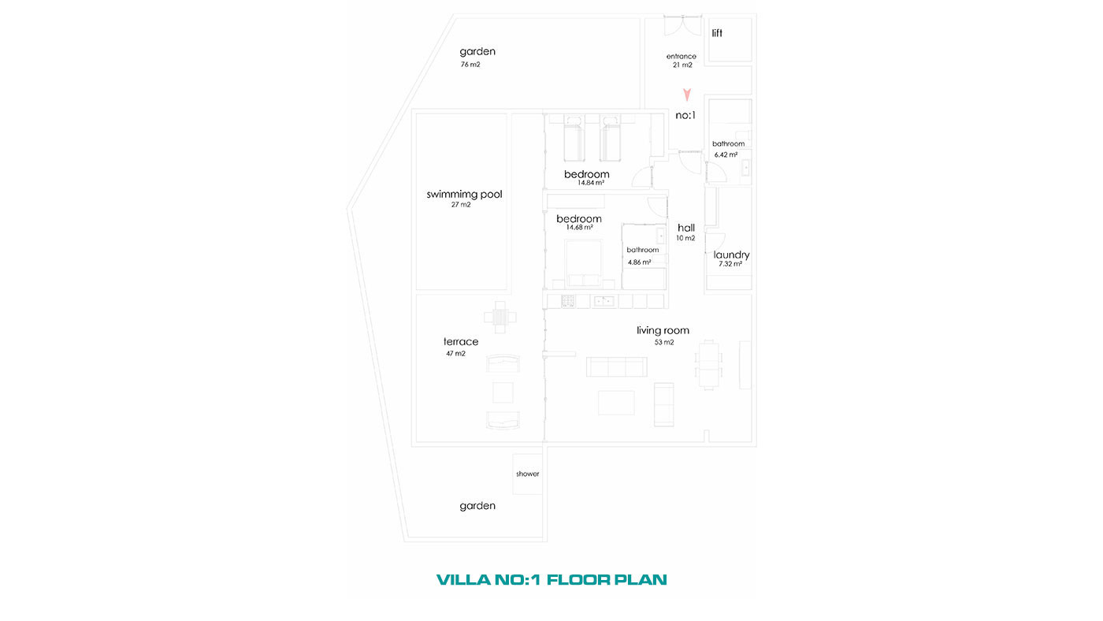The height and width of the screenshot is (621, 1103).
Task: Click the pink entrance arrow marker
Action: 687,95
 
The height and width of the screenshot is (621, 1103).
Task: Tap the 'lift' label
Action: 717,33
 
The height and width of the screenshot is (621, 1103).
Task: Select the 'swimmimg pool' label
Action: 464,195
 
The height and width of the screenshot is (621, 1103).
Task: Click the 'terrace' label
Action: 461,341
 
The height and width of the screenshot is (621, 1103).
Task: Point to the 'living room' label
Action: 663,330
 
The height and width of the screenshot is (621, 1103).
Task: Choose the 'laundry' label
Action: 731,255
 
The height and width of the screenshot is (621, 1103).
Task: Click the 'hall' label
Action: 686,228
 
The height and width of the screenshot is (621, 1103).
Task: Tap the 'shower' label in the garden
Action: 527,474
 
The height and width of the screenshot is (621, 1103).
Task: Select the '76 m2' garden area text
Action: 470,65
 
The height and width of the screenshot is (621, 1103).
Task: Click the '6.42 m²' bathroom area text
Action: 726,154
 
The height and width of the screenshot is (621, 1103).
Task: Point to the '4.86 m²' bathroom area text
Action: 639,262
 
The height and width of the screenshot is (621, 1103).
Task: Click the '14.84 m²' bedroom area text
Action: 591,183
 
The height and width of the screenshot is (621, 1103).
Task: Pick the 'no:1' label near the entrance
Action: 685,115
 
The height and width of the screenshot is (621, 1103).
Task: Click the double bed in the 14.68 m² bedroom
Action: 584,263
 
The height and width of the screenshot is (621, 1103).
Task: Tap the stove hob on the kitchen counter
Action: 568,301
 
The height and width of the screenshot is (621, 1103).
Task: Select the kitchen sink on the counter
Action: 603,301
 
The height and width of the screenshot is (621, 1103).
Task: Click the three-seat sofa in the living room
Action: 616,367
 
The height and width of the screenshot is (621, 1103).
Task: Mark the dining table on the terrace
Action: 500,317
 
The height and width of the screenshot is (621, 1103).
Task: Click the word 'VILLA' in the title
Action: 463,580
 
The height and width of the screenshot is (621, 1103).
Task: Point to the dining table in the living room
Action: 708,365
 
